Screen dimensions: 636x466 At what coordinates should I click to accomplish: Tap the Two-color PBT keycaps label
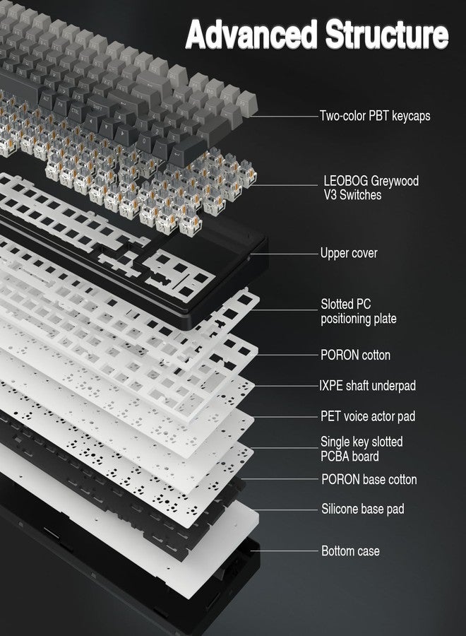[x=374, y=115]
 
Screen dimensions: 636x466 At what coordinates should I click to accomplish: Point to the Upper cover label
[x=349, y=253]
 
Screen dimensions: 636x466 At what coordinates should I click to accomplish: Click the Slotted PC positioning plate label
[x=358, y=312]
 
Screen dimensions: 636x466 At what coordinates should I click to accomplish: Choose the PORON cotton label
[x=355, y=355]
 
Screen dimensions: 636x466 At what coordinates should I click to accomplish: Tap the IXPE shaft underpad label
[x=368, y=386]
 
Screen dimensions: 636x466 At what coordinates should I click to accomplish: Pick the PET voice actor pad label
[x=368, y=416]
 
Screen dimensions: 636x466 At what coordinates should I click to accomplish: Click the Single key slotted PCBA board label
[x=362, y=449]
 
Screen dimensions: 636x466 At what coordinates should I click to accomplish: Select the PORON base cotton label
[x=369, y=480]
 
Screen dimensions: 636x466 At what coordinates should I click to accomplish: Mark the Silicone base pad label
[x=363, y=509]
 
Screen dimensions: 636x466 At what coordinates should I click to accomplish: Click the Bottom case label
[x=350, y=550]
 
